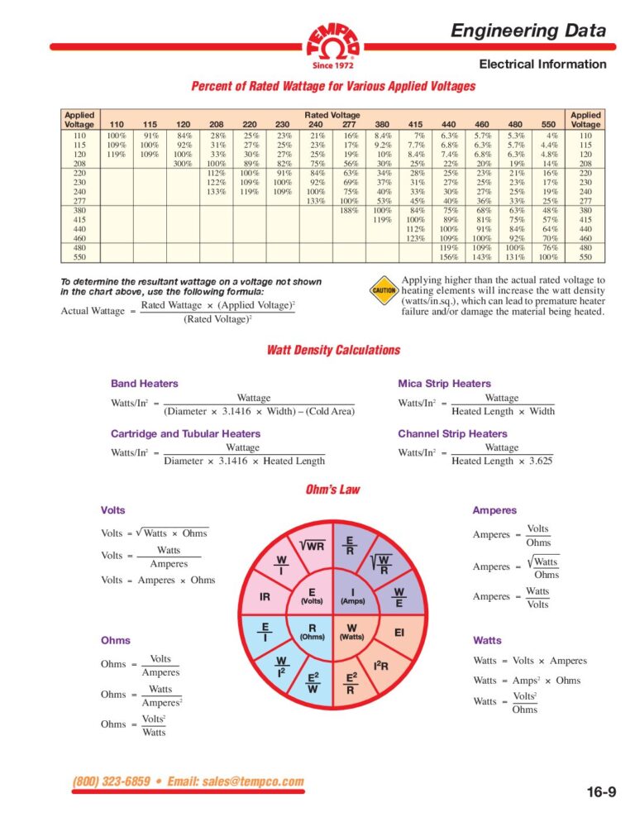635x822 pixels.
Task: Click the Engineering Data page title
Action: click(528, 31)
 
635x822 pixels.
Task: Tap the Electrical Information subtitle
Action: click(542, 65)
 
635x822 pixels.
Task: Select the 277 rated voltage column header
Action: click(350, 124)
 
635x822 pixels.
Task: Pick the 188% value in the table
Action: click(350, 209)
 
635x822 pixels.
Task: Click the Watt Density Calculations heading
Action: click(333, 350)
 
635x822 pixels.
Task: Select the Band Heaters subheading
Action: click(144, 384)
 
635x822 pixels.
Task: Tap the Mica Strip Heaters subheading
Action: click(444, 384)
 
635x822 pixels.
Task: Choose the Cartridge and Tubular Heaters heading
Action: click(185, 433)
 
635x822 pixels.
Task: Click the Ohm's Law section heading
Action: click(333, 490)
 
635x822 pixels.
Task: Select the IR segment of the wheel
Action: click(265, 596)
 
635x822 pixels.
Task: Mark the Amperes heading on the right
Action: click(494, 511)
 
